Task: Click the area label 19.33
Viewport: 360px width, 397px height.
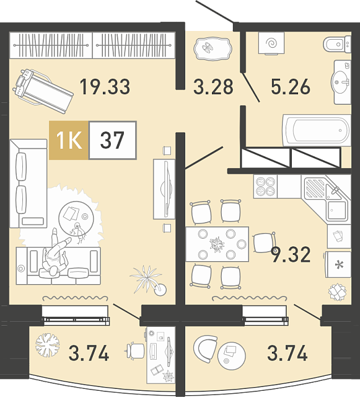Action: [105, 87]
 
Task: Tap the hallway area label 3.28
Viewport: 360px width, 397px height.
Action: [213, 87]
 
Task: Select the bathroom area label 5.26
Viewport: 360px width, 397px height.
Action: [291, 87]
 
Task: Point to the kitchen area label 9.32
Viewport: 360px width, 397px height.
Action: [291, 255]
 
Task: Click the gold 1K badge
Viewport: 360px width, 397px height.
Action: [69, 140]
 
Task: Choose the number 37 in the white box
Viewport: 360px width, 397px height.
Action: [112, 140]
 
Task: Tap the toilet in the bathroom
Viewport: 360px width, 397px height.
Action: [337, 45]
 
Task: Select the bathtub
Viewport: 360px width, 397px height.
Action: [317, 130]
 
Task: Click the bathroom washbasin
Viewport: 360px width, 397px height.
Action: [341, 82]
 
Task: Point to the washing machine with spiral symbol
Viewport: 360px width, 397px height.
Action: [271, 43]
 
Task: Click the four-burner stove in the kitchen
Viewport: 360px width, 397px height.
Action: [265, 186]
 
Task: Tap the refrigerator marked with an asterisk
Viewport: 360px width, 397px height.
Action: [338, 264]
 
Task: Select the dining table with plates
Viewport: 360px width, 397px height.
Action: [217, 244]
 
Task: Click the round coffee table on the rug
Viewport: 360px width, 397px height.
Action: [76, 218]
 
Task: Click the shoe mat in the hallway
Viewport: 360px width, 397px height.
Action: [213, 49]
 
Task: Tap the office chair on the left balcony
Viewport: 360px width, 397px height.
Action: [135, 350]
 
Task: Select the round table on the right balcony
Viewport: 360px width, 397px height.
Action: [232, 355]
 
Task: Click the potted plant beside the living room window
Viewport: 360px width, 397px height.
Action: [148, 280]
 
